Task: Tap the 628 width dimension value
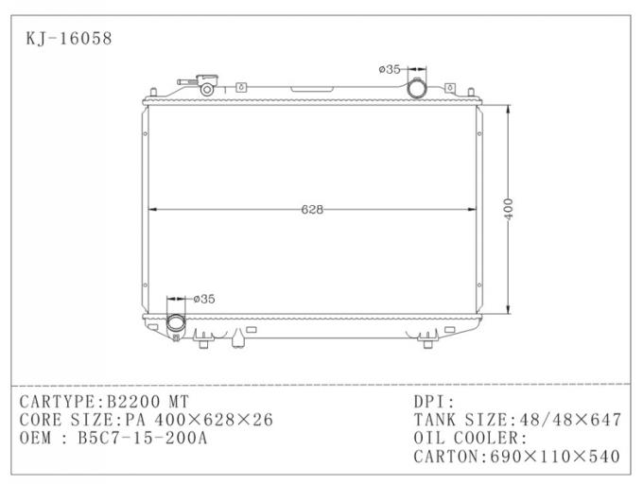[313, 209]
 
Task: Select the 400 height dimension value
[509, 210]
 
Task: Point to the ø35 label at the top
[390, 69]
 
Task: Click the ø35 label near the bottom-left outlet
[203, 299]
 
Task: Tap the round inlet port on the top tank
[417, 88]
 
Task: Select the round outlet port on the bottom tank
[177, 323]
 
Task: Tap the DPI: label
[434, 401]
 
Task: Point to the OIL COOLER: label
[470, 439]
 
